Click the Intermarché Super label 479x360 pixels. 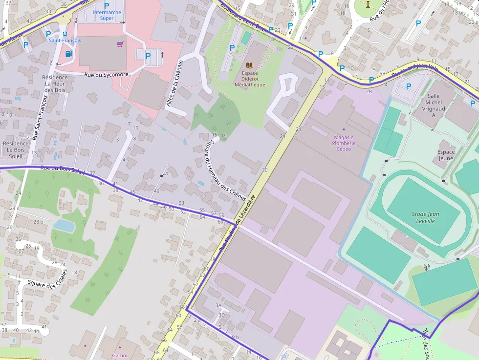(106, 15)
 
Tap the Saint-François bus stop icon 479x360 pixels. (65, 34)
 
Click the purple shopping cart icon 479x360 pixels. (120, 44)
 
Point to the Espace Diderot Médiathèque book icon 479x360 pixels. (250, 65)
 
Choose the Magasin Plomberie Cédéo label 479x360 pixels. (344, 143)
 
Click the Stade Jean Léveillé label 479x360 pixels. (425, 217)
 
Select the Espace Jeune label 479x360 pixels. (446, 155)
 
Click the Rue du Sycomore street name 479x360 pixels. (106, 75)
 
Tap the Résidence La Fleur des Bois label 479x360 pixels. (55, 84)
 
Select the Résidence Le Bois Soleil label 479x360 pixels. (16, 150)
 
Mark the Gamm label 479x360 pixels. (119, 355)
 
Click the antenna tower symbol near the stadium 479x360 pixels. (426, 268)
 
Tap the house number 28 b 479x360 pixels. (38, 222)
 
